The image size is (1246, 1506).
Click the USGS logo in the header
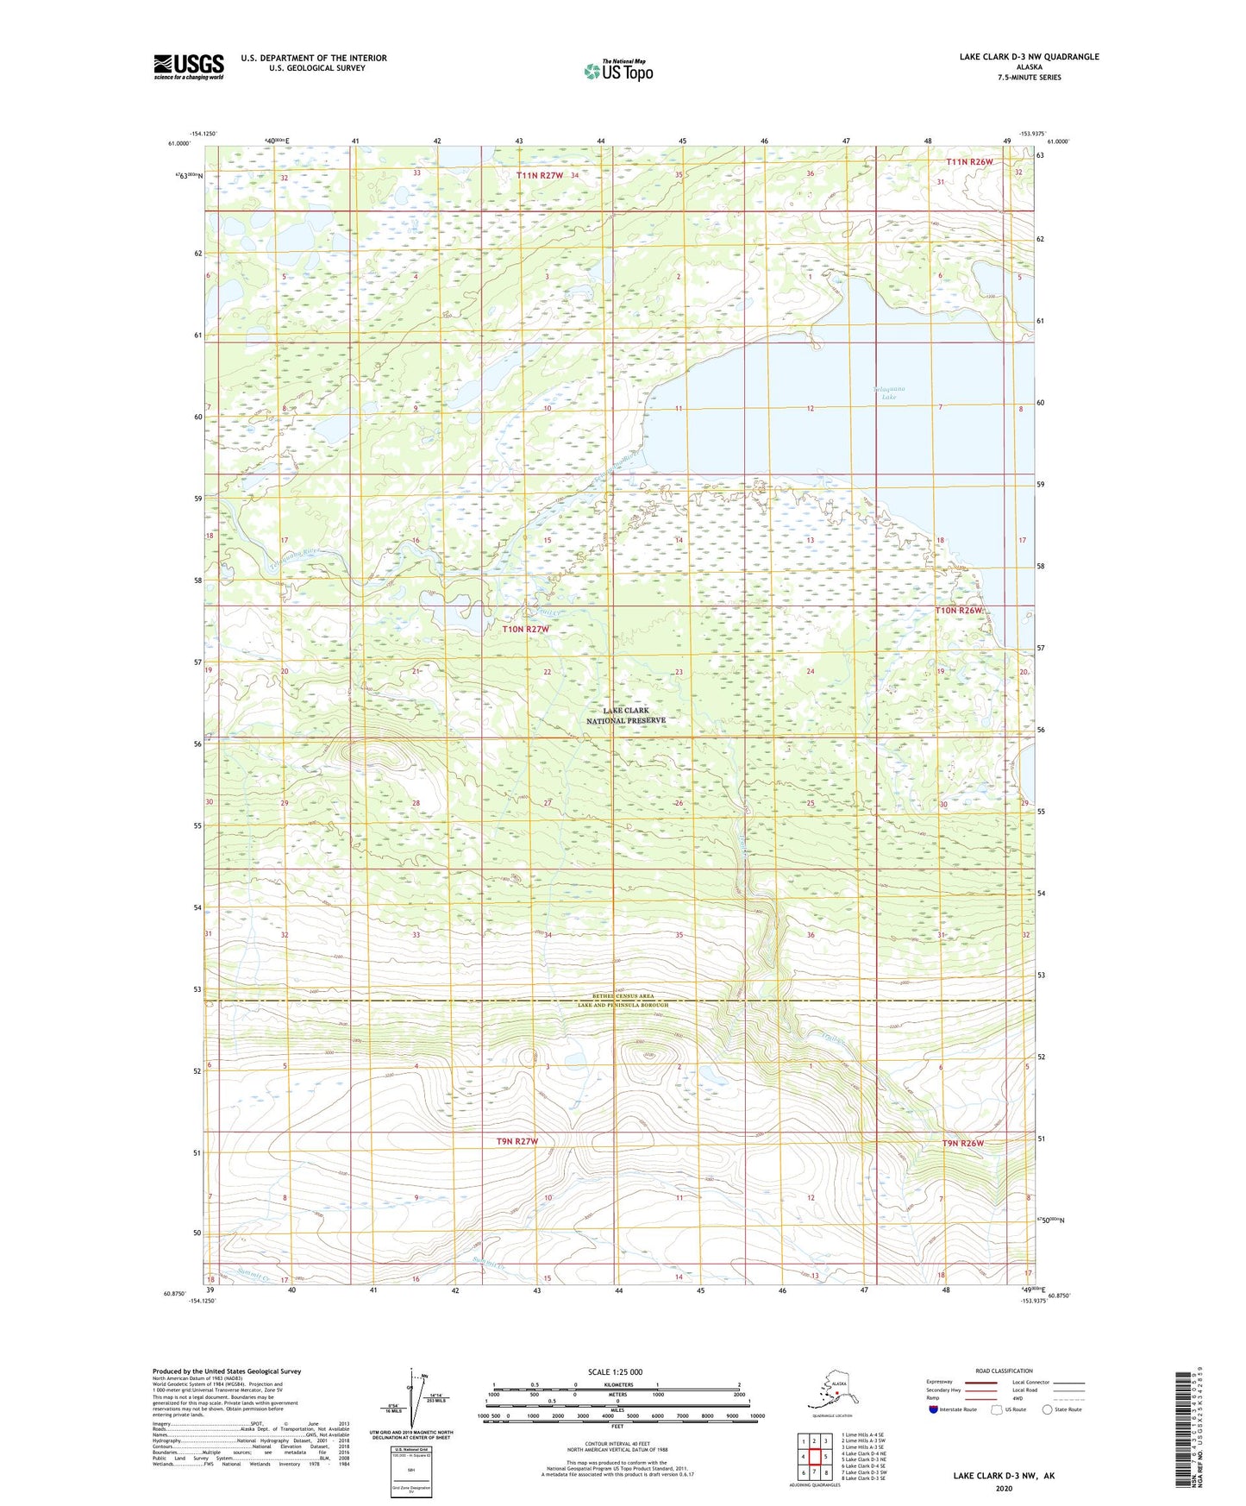(x=188, y=66)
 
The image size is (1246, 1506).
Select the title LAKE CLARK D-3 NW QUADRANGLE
(x=1029, y=57)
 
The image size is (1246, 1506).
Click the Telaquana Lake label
(x=889, y=392)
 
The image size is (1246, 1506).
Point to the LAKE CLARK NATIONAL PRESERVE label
(x=626, y=715)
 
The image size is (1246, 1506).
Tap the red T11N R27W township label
(x=540, y=175)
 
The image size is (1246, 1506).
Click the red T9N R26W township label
(x=962, y=1143)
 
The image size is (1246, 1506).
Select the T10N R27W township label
(x=526, y=629)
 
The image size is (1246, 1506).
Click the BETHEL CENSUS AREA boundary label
(x=623, y=996)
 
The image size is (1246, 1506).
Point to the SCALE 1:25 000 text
(x=615, y=1371)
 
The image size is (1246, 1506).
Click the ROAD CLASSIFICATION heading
(x=1004, y=1371)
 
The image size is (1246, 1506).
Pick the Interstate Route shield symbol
(x=933, y=1409)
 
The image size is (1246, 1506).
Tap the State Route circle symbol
(x=1047, y=1409)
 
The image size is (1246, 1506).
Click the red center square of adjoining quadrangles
(x=814, y=1457)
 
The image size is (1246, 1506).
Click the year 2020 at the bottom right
(x=1004, y=1488)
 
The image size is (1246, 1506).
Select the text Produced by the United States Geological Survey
(x=227, y=1371)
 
